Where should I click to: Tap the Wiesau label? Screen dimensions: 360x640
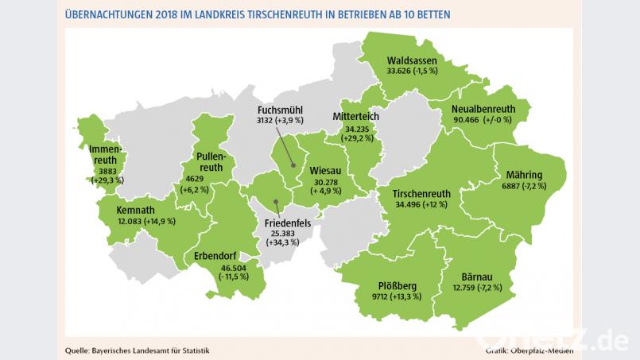(326, 170)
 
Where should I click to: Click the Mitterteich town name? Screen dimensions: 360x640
(355, 116)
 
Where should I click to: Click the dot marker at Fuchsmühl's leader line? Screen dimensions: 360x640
(293, 165)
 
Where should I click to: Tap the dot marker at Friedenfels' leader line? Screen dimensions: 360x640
(275, 201)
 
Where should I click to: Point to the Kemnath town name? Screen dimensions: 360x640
(136, 210)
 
